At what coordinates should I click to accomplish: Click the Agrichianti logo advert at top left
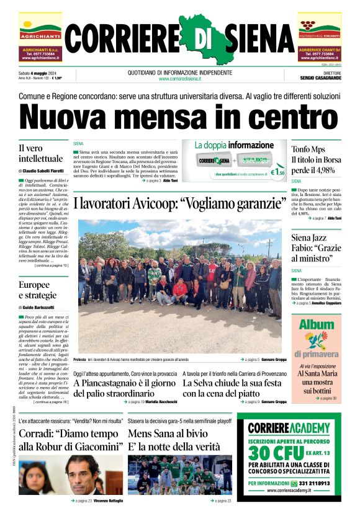40,37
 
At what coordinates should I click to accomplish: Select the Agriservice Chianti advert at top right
320,37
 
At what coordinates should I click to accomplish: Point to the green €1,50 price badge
277,172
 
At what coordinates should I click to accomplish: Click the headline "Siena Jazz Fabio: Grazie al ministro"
316,247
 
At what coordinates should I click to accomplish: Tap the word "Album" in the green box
317,324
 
